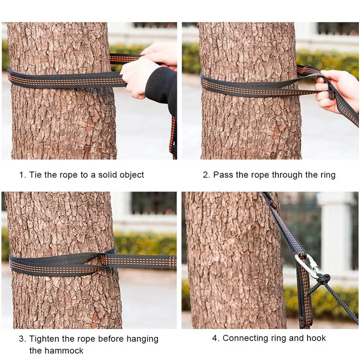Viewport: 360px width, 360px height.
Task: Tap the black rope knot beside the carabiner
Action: (x=324, y=279)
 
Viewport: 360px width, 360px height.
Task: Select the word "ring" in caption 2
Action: (x=328, y=175)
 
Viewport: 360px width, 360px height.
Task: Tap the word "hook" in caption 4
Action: (x=317, y=338)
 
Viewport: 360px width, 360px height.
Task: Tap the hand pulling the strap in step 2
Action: (x=336, y=91)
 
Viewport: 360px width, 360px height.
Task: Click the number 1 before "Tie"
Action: (x=22, y=175)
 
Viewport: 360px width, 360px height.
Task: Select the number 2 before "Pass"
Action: (x=206, y=175)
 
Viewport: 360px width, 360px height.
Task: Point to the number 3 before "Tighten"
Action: (x=22, y=339)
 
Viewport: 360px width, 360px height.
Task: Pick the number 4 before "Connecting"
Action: (x=216, y=338)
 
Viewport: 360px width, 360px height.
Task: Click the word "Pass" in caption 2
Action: (x=223, y=175)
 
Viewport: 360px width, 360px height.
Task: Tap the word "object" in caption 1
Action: (x=132, y=175)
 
